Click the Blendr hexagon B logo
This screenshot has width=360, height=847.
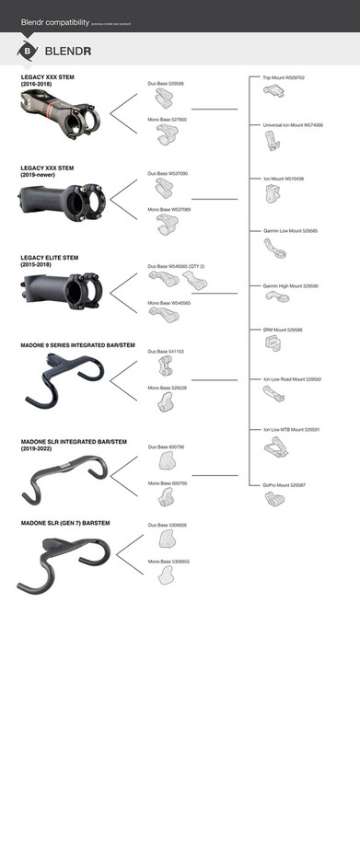[28, 51]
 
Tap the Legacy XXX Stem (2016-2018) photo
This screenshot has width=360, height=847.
[61, 112]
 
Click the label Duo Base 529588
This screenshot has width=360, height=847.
[166, 83]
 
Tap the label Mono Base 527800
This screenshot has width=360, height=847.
[168, 120]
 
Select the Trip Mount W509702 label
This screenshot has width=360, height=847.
[284, 77]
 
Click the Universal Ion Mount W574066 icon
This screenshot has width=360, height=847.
[272, 141]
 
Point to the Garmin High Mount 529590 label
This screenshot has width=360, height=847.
[291, 285]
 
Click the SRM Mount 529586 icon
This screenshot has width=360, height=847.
[273, 342]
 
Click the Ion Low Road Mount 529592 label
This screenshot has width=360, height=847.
[292, 378]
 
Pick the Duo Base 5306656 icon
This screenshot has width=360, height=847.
[167, 537]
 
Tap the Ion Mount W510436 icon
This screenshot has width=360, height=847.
[273, 193]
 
